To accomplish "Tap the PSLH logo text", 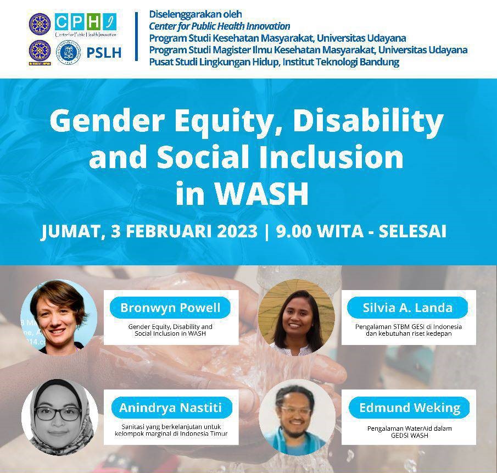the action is click(x=104, y=53).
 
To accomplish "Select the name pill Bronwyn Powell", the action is click(x=170, y=308).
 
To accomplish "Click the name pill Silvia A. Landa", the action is click(x=407, y=308).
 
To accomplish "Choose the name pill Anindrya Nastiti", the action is click(x=171, y=408).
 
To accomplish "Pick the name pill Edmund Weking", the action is click(x=409, y=408).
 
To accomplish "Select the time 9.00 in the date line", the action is click(x=294, y=231).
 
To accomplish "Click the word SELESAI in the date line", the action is click(x=412, y=231).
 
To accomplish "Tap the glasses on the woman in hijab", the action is click(x=58, y=413).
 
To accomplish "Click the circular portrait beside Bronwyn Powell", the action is click(x=59, y=316).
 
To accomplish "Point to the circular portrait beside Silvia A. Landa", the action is click(x=297, y=316).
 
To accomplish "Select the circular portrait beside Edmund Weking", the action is click(x=297, y=418).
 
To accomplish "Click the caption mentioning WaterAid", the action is click(x=410, y=432).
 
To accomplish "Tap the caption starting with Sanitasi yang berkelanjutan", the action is click(x=171, y=430).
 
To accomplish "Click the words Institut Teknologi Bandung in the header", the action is click(x=340, y=62).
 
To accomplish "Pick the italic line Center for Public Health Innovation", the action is click(x=219, y=26).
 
